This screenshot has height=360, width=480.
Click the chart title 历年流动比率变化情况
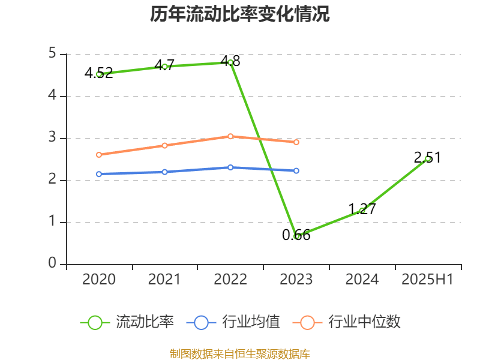[239, 14]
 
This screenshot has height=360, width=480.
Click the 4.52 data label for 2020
[98, 74]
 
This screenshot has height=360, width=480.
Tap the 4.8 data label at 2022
[230, 61]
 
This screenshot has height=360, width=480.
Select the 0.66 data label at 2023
[296, 235]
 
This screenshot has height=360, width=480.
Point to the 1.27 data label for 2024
[362, 209]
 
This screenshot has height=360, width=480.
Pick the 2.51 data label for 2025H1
[427, 158]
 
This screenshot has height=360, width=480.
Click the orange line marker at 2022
[230, 136]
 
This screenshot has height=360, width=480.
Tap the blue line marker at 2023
[296, 171]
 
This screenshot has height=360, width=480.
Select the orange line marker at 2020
[99, 155]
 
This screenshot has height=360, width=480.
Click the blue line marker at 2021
[164, 172]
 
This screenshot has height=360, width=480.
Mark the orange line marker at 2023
[296, 142]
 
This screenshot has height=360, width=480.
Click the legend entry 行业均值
[233, 322]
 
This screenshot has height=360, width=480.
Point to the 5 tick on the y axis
[53, 54]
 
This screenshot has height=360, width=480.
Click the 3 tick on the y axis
[53, 138]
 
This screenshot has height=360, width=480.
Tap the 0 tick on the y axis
[53, 264]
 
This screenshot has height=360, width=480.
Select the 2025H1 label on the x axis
[427, 280]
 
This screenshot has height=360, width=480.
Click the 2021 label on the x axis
[164, 280]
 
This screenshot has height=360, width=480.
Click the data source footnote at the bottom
[239, 353]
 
